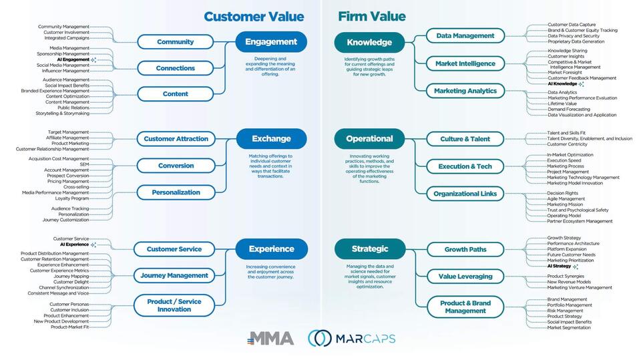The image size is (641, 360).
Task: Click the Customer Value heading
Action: click(x=253, y=17)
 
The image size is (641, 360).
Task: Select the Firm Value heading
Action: click(x=371, y=17)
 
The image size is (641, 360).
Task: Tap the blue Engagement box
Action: click(x=271, y=42)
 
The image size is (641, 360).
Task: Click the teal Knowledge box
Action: click(x=369, y=42)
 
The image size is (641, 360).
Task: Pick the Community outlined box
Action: click(x=175, y=42)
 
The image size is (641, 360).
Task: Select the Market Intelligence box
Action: click(x=465, y=63)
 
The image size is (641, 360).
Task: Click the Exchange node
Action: click(x=271, y=139)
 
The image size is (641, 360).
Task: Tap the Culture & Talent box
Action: click(x=465, y=139)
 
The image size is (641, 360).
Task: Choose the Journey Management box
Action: click(x=175, y=275)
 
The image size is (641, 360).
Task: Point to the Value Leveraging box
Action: click(x=465, y=276)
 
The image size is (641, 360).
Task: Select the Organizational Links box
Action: click(x=465, y=194)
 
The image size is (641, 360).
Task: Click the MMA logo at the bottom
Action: click(x=270, y=338)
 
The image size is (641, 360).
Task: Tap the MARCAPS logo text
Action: click(x=366, y=338)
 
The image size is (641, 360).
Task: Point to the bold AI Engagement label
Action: click(x=73, y=59)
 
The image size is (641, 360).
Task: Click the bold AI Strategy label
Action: click(x=559, y=266)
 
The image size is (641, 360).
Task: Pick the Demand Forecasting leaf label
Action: click(x=569, y=109)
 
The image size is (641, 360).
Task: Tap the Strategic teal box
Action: click(x=369, y=249)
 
